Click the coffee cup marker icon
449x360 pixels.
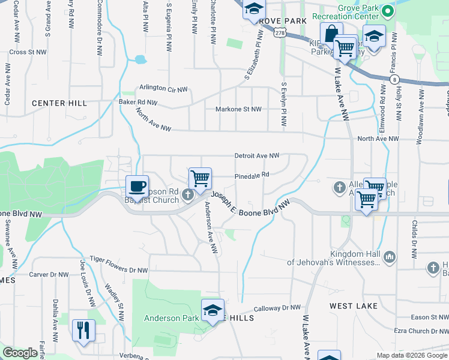pyautogui.click(x=137, y=186)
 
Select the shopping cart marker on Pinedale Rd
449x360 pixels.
pyautogui.click(x=200, y=178)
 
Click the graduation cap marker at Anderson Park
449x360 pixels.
pyautogui.click(x=212, y=310)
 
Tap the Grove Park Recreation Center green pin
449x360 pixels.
pyautogui.click(x=388, y=11)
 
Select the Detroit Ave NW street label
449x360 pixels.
pyautogui.click(x=256, y=155)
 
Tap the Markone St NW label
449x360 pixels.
pyautogui.click(x=238, y=109)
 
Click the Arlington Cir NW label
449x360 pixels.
pyautogui.click(x=163, y=89)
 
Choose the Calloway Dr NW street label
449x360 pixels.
pyautogui.click(x=277, y=308)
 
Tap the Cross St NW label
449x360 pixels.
pyautogui.click(x=28, y=52)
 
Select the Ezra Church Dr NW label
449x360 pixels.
pyautogui.click(x=421, y=331)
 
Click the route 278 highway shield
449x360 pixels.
pyautogui.click(x=280, y=35)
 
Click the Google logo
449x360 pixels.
pyautogui.click(x=20, y=353)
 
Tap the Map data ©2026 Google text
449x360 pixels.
pyautogui.click(x=411, y=355)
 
